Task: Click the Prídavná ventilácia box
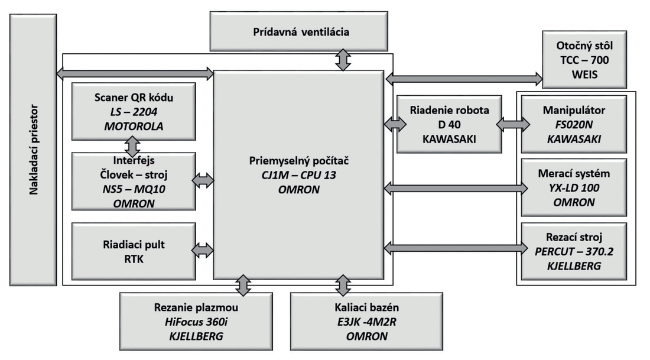[298, 31]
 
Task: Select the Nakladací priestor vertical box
[33, 150]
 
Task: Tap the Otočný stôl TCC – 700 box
[584, 59]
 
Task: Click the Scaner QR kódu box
[134, 112]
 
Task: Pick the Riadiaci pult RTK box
[134, 251]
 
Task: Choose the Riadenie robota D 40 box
[449, 124]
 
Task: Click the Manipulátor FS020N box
[574, 124]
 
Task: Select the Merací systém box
[574, 187]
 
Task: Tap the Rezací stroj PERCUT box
[574, 251]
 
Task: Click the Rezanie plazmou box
[196, 322]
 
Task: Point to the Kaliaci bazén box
[366, 322]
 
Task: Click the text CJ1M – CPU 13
[298, 175]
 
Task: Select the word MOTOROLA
[134, 126]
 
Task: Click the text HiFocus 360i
[196, 322]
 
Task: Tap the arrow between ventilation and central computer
[343, 60]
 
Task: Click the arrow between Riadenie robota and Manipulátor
[513, 124]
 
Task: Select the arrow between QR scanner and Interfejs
[132, 147]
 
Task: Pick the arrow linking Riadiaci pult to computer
[203, 250]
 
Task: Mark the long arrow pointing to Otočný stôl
[464, 79]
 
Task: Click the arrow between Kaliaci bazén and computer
[343, 286]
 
